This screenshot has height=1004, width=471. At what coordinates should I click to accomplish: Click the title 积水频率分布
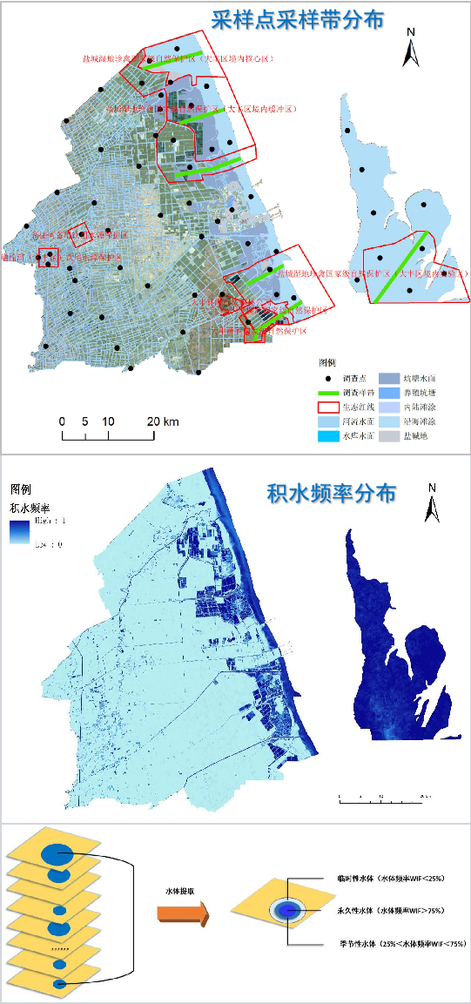(332, 494)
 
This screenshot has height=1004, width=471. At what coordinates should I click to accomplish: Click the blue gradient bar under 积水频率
(20, 532)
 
